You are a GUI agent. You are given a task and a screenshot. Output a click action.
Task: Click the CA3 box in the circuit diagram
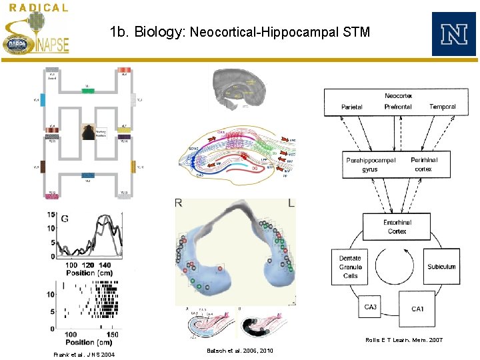click(x=370, y=307)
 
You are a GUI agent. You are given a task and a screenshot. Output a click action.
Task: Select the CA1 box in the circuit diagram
click(x=417, y=309)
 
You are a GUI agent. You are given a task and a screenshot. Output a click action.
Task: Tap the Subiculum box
click(x=441, y=267)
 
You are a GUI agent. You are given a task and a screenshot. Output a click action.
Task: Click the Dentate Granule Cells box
click(x=351, y=267)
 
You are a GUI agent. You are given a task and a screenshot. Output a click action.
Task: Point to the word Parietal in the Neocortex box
click(x=352, y=107)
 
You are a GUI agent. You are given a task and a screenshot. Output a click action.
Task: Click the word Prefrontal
click(x=398, y=107)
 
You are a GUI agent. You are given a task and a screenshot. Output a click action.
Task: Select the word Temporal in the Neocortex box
click(x=443, y=107)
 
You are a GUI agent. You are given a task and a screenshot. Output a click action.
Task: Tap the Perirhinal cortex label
click(x=424, y=165)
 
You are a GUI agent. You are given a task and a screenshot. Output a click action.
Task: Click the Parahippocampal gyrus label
click(x=371, y=165)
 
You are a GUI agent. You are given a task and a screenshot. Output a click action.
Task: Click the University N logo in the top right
click(x=453, y=34)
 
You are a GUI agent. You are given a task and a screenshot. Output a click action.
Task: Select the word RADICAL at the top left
click(x=39, y=8)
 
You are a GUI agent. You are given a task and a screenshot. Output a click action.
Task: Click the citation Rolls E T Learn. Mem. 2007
click(x=403, y=340)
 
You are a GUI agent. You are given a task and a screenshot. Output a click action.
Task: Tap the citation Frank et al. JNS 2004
click(x=84, y=354)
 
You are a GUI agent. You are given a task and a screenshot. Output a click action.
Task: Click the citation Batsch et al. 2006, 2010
click(x=239, y=350)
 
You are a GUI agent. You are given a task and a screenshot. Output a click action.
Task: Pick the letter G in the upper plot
click(x=65, y=219)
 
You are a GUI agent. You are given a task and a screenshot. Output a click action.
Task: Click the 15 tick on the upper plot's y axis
click(x=51, y=215)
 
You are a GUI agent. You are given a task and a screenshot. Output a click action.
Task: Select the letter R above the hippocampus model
click(x=179, y=203)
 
